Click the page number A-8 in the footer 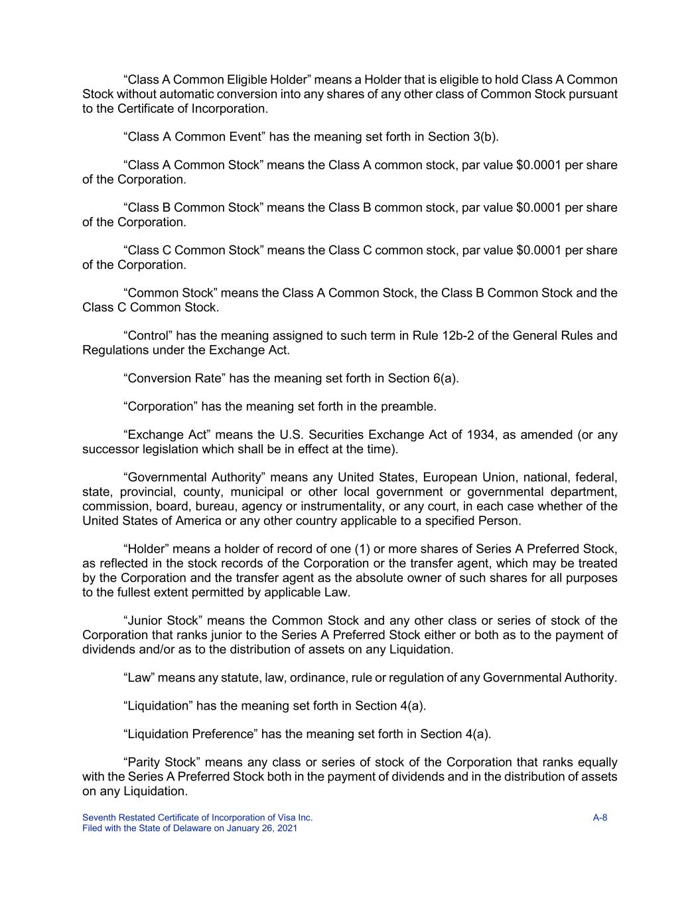click(x=600, y=818)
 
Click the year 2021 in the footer click(x=286, y=828)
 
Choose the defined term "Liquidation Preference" click(x=190, y=734)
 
